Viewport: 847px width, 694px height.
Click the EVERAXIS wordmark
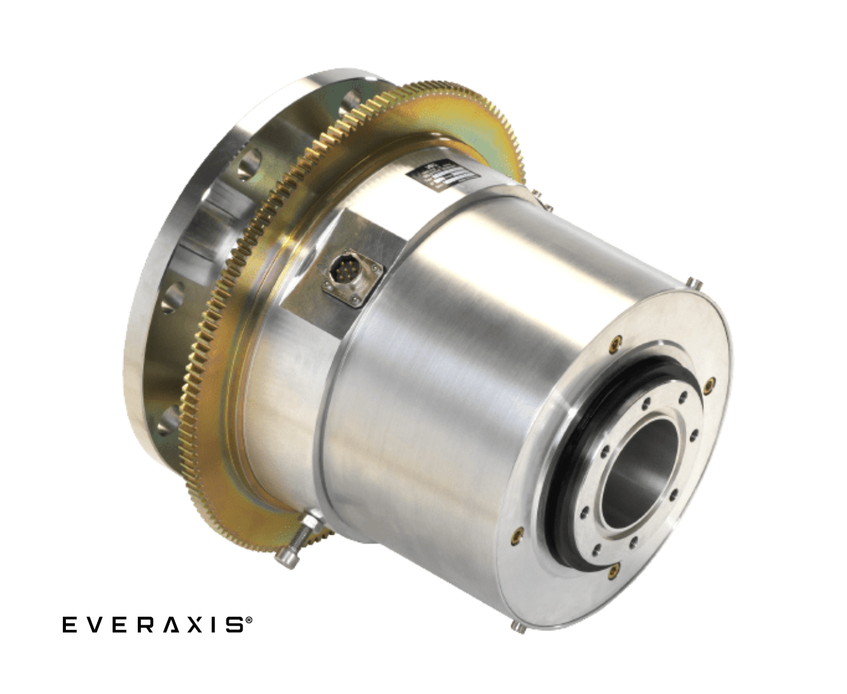[152, 625]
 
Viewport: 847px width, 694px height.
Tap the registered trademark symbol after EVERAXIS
[248, 623]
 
